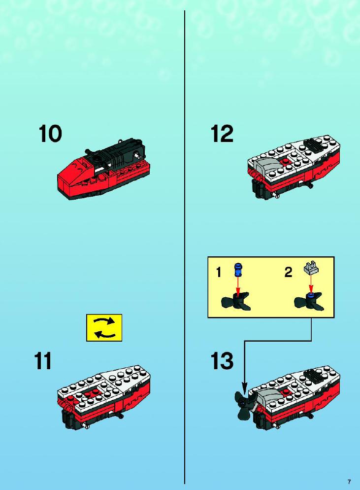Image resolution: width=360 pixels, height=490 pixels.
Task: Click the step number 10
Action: [50, 134]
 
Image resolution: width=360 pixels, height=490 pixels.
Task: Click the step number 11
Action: [43, 361]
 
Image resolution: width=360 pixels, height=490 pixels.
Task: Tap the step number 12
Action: [222, 134]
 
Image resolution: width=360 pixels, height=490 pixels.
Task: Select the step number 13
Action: [222, 361]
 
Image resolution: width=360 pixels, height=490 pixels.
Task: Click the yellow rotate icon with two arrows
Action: [104, 328]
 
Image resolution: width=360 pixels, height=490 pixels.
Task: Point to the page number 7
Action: [349, 482]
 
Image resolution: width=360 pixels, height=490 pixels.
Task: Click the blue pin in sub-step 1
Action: [239, 270]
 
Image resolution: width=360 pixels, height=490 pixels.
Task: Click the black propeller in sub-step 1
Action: [236, 301]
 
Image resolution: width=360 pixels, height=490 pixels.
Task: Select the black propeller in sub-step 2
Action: [309, 302]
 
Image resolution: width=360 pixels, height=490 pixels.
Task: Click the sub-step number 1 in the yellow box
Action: [219, 272]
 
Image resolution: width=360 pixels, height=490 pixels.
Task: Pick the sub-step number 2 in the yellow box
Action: [288, 272]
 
